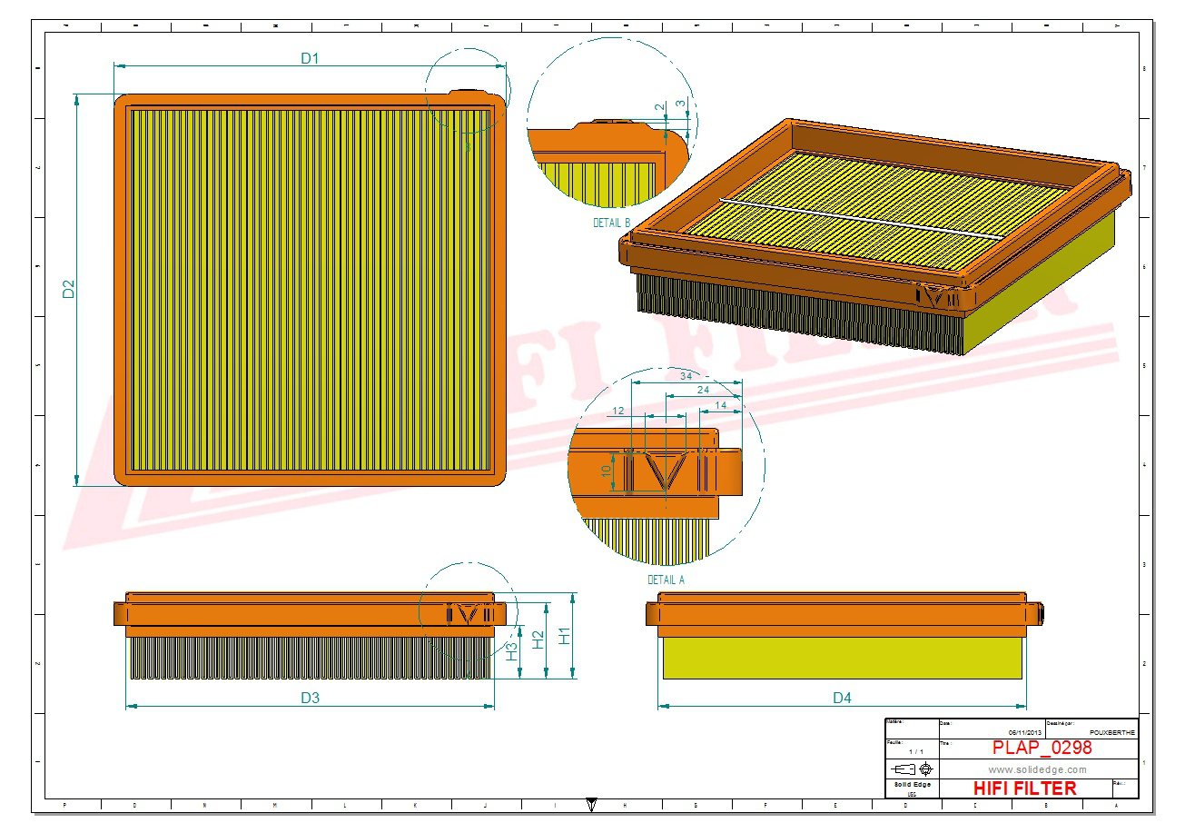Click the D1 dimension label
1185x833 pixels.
click(x=310, y=58)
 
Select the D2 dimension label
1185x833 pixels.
click(x=68, y=289)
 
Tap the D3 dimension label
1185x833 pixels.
click(x=310, y=698)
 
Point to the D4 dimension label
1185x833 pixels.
click(x=842, y=698)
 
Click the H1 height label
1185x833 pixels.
click(x=564, y=636)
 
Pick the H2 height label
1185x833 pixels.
click(x=538, y=640)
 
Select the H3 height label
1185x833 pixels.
click(x=512, y=650)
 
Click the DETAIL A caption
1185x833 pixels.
click(x=666, y=580)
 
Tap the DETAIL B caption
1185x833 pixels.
click(x=611, y=223)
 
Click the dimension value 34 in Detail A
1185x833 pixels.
click(x=687, y=375)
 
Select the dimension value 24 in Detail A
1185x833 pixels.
click(x=703, y=390)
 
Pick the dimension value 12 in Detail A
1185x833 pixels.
click(x=618, y=411)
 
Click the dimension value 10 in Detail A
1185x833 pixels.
click(x=607, y=471)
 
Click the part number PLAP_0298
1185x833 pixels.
click(x=1042, y=748)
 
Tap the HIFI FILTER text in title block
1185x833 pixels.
click(x=1024, y=788)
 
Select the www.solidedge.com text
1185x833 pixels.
click(x=1037, y=769)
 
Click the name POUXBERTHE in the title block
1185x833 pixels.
click(x=1111, y=732)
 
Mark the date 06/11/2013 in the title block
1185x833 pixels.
click(x=1026, y=732)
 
